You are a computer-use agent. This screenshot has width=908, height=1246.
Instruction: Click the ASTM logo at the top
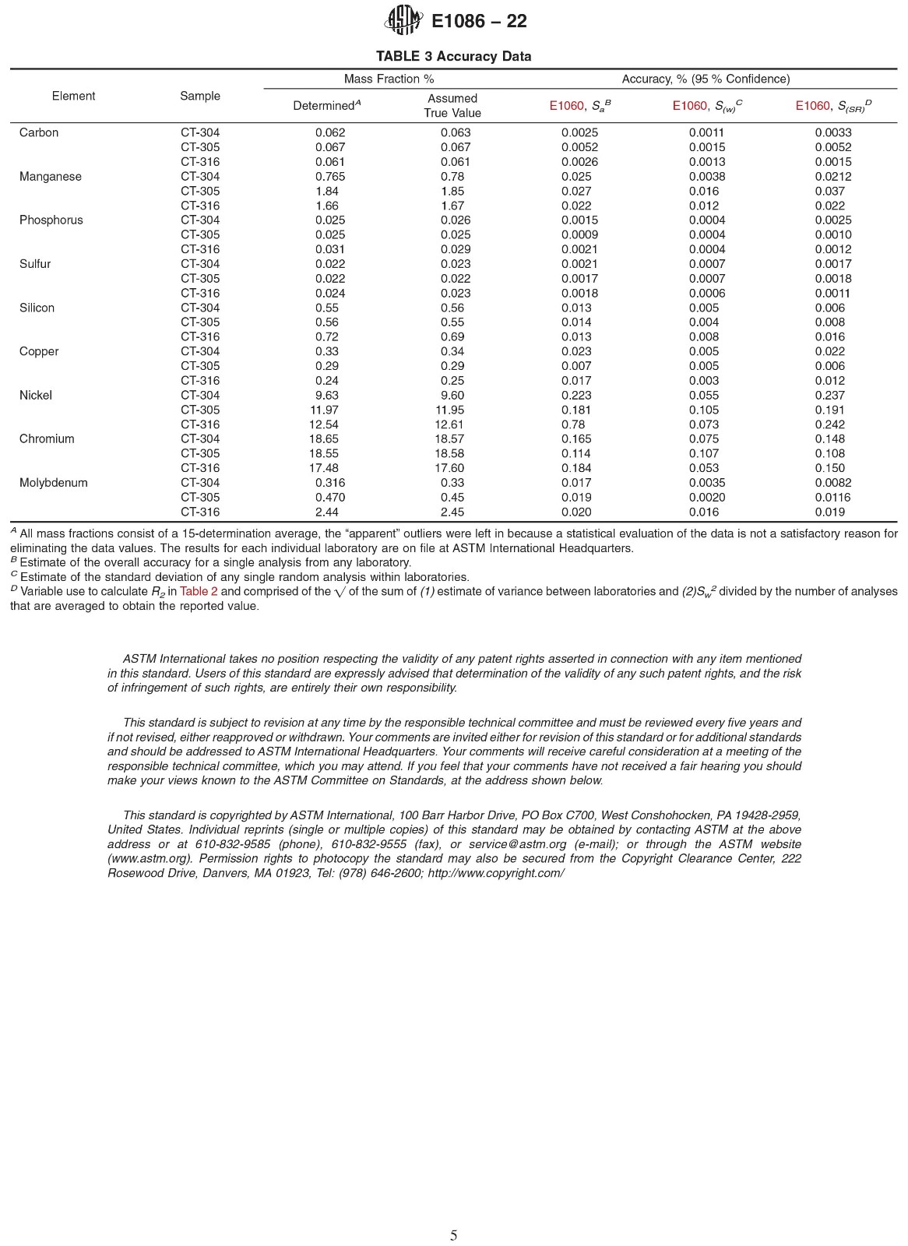click(x=404, y=20)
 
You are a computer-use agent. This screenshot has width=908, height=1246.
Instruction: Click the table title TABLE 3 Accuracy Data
click(x=453, y=56)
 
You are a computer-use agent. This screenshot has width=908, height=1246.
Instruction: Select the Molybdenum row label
click(x=53, y=483)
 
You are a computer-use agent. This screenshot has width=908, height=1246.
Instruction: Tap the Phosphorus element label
click(x=51, y=220)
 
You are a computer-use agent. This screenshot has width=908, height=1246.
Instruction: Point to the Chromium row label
click(x=47, y=439)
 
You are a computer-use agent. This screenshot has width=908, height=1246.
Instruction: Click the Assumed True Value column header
click(x=452, y=106)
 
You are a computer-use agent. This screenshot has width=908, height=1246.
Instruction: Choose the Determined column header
click(x=326, y=106)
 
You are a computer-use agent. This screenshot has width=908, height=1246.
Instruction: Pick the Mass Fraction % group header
click(x=389, y=79)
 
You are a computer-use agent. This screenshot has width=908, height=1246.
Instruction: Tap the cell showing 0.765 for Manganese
click(x=329, y=177)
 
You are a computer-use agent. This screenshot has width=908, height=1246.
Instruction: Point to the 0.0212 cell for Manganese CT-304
click(x=832, y=177)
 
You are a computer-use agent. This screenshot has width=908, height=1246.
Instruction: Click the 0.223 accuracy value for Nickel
click(x=576, y=396)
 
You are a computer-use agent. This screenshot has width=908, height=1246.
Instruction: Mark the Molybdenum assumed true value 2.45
click(x=452, y=512)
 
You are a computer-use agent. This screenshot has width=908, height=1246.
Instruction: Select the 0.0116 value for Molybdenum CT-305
click(x=832, y=498)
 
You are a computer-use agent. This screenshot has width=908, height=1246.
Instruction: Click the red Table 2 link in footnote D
click(x=199, y=591)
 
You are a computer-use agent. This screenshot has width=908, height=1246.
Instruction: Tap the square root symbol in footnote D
click(x=339, y=592)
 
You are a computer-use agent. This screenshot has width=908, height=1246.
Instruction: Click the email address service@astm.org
click(x=517, y=844)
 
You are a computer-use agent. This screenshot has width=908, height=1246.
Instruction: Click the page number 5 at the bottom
click(x=453, y=1235)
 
